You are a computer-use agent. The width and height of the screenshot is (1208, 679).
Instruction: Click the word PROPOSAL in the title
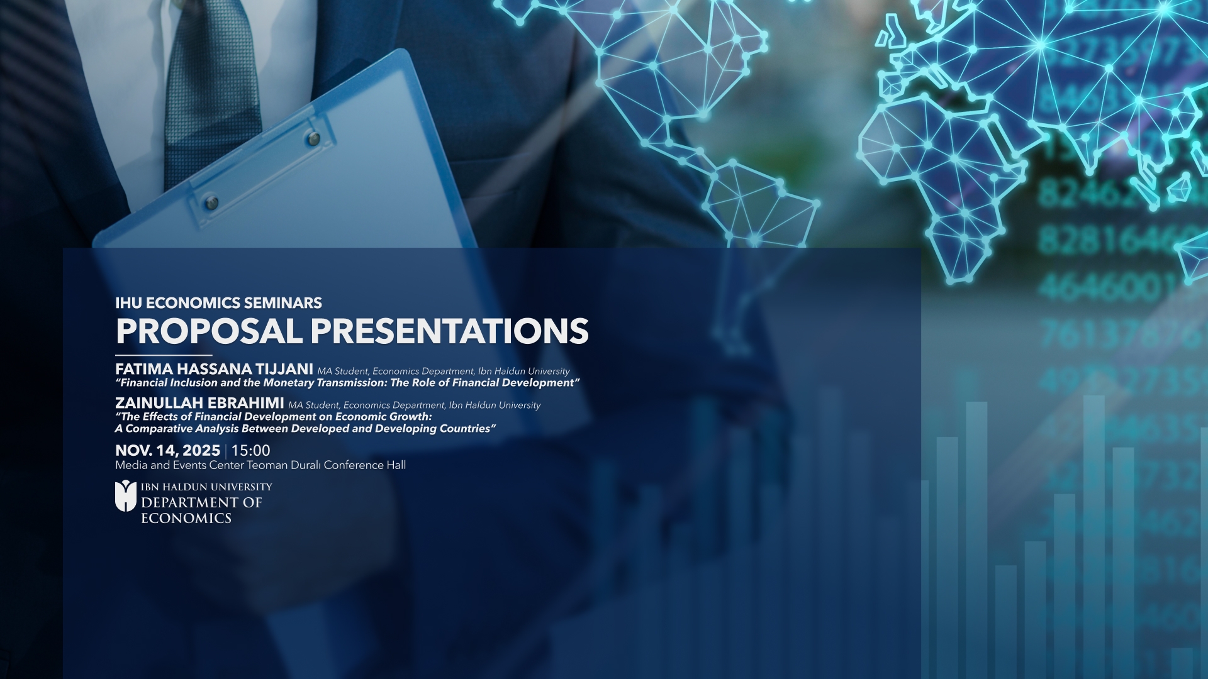pos(209,331)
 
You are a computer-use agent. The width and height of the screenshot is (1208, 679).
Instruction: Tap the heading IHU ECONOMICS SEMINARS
pos(218,303)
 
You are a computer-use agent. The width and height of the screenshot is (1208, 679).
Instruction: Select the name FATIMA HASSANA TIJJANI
pos(214,369)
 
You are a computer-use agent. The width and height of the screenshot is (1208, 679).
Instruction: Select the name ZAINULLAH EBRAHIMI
pos(199,403)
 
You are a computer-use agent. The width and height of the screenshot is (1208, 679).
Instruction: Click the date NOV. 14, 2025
pos(167,451)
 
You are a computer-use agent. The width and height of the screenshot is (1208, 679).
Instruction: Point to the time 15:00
pos(250,451)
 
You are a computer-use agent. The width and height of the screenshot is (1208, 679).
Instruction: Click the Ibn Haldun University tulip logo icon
pos(125,496)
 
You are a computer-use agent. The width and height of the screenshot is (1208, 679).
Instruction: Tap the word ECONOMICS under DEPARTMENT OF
pos(186,519)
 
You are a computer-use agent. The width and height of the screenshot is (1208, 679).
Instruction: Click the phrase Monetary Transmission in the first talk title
pos(325,383)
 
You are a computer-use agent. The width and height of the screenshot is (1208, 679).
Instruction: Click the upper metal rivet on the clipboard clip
pos(313,138)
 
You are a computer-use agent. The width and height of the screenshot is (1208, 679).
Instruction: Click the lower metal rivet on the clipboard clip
pos(212,202)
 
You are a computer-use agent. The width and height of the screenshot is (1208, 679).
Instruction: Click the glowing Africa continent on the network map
pos(937,170)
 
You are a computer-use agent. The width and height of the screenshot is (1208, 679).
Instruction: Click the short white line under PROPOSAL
pos(164,355)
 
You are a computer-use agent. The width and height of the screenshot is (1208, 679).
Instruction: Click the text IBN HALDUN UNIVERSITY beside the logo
pos(206,487)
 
